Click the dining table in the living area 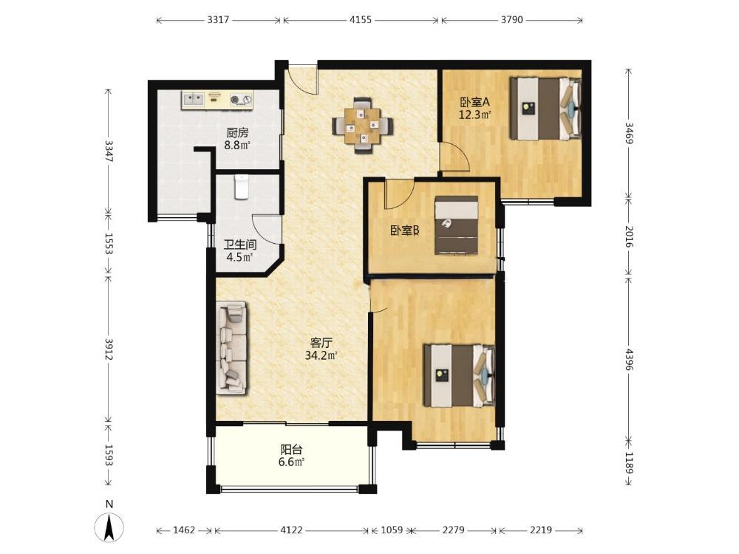(362, 126)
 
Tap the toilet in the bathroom (241, 187)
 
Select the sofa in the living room (232, 348)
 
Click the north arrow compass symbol (109, 525)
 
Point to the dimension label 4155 (361, 20)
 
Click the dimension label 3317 (218, 20)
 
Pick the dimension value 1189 (629, 463)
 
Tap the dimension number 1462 (184, 530)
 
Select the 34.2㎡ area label (321, 355)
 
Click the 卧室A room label (475, 102)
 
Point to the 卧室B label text (405, 230)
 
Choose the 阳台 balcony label (291, 449)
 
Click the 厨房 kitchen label (237, 133)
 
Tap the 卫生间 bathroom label (240, 245)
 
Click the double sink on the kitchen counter (193, 99)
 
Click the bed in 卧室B (456, 225)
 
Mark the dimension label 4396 (629, 358)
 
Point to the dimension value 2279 (454, 530)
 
